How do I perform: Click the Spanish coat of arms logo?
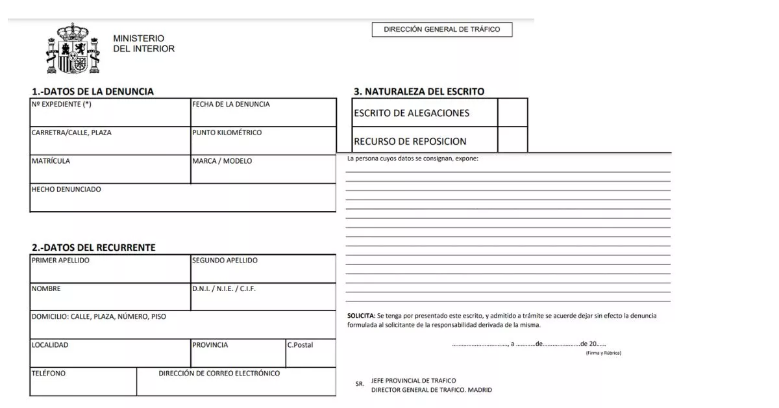pos(72,49)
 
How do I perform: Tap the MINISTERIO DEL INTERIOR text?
pos(143,44)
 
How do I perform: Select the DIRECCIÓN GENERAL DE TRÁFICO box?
pos(441,30)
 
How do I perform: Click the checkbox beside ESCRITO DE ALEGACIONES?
pos(512,113)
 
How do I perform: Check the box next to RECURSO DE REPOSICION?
pos(512,140)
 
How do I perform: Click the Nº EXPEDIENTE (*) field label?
pos(62,104)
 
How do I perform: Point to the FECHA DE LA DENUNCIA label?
pos(230,104)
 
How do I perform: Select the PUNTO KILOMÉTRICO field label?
pos(227,133)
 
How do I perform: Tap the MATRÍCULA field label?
pos(51,161)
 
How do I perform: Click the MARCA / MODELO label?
pos(222,161)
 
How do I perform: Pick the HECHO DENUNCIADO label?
pos(66,190)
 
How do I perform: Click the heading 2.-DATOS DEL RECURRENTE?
pos(93,248)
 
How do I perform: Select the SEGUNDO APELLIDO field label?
pos(225,261)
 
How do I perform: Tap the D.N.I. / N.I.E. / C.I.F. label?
pos(224,289)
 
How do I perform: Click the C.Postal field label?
pos(300,345)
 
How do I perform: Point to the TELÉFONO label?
pos(49,374)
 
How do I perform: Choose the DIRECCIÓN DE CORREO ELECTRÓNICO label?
pos(219,374)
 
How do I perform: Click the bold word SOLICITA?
pos(361,316)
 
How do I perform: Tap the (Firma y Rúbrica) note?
pos(603,353)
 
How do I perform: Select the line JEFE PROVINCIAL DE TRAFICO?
pos(414,381)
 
